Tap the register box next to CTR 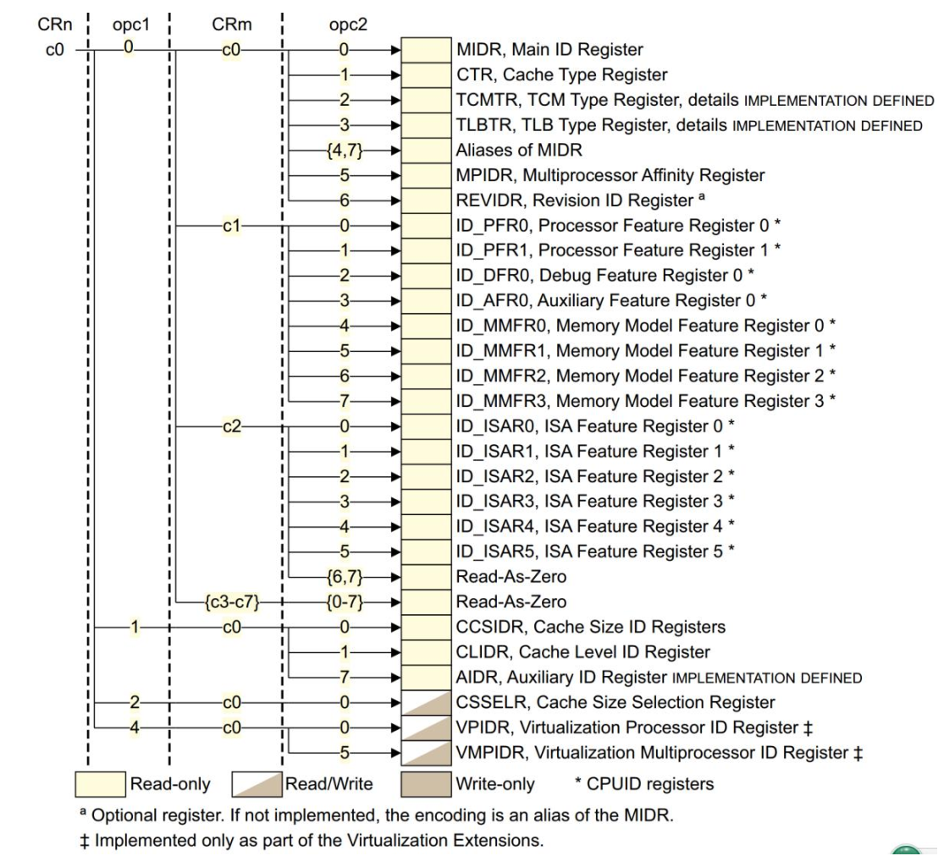pos(425,75)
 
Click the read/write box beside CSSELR pos(425,702)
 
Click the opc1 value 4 pos(134,727)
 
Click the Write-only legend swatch pos(425,784)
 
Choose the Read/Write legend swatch pos(257,784)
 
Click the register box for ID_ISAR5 pos(425,551)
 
